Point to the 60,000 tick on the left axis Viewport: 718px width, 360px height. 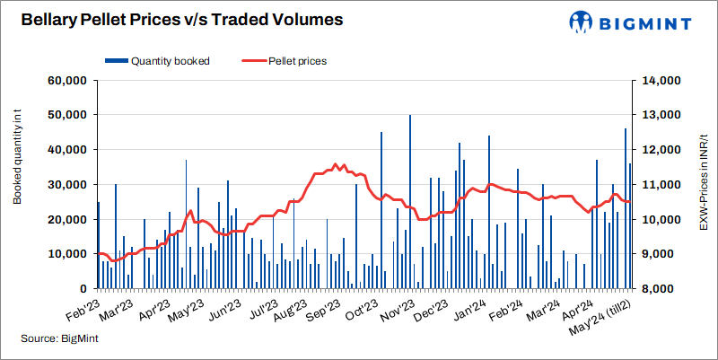pos(65,81)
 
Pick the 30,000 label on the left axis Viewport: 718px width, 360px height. pos(65,185)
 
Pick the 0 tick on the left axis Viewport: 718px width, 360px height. pos(79,289)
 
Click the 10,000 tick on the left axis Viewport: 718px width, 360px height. pos(65,254)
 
